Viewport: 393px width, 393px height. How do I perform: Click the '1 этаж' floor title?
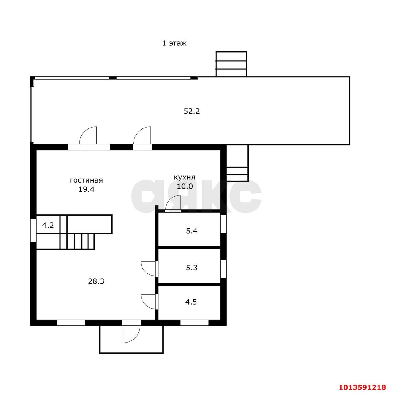pyautogui.click(x=174, y=44)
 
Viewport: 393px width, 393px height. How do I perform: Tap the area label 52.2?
pyautogui.click(x=192, y=111)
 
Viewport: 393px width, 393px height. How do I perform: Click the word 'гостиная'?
pyautogui.click(x=86, y=180)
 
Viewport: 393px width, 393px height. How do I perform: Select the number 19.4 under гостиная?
pyautogui.click(x=87, y=189)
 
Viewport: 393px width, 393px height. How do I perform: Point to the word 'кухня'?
pyautogui.click(x=184, y=177)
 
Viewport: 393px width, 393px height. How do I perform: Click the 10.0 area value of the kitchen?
pyautogui.click(x=185, y=186)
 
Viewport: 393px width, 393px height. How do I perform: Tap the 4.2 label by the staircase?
pyautogui.click(x=48, y=226)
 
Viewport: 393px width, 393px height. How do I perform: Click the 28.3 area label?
pyautogui.click(x=96, y=281)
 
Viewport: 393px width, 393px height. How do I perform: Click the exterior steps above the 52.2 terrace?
pyautogui.click(x=231, y=64)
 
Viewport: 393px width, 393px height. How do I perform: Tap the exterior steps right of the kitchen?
pyautogui.click(x=237, y=163)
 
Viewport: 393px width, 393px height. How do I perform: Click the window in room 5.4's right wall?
pyautogui.click(x=224, y=224)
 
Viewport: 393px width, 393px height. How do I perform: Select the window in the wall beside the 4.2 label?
pyautogui.click(x=33, y=230)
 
